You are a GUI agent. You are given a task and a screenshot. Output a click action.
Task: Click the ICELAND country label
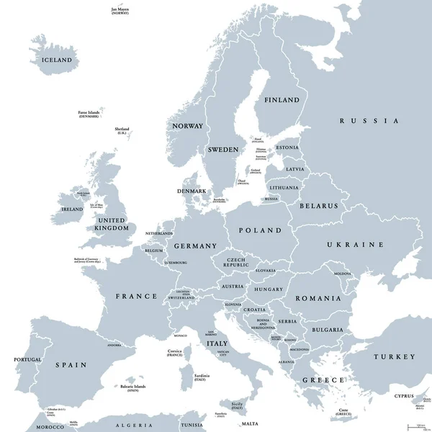coord(58,60)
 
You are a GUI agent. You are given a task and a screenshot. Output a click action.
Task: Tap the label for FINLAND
coord(282,99)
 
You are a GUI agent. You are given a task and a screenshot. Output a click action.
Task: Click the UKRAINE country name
coord(355,245)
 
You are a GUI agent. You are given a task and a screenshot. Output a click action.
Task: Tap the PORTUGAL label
coord(27,359)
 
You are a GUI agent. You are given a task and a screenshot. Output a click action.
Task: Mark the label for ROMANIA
coord(318,298)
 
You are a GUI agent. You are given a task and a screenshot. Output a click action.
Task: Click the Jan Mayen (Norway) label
coord(120,12)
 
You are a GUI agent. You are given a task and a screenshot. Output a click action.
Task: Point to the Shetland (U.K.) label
coord(122,131)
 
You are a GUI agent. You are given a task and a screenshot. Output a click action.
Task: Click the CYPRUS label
coord(404,396)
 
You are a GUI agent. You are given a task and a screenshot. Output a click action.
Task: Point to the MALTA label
coord(250,424)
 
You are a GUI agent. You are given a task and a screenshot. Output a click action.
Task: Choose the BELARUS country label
coord(319,205)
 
